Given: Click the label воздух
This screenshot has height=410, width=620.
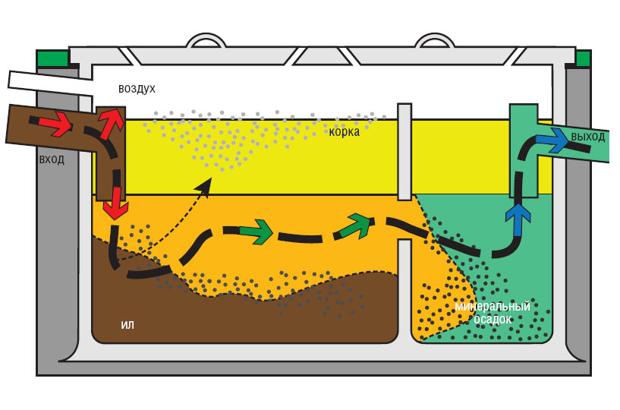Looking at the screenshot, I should pos(137,89).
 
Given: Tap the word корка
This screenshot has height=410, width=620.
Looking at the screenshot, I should pos(344,131).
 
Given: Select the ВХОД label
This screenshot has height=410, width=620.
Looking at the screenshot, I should pos(52,160).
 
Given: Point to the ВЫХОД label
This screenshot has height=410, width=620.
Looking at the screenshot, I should pos(588,137).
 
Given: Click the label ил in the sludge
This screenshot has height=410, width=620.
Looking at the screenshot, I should pos(127,325).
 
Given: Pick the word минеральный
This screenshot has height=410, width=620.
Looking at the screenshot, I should pos(492,307).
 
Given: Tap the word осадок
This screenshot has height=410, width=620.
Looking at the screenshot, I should pos(493,320).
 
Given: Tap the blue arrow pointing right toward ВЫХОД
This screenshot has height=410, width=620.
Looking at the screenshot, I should pos(552,140).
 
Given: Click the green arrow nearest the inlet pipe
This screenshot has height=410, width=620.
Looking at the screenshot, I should pos(256,232).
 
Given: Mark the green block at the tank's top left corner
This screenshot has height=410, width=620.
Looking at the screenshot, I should pos(52,58).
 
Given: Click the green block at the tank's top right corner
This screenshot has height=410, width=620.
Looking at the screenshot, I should pos(583,58).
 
